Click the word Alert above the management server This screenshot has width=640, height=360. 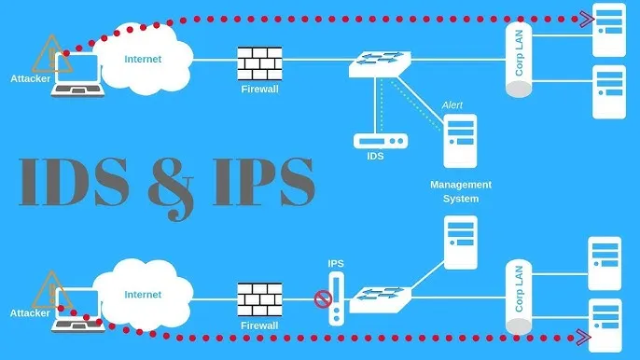point(452,105)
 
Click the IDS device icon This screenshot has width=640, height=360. point(381,143)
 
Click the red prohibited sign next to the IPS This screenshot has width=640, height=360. point(323,299)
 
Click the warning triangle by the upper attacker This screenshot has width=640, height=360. point(44,56)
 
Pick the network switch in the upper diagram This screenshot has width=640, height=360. point(378,62)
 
